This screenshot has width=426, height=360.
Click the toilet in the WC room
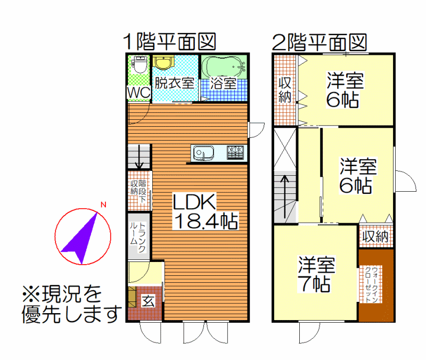tap(140, 64)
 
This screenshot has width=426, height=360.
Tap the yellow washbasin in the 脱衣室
tap(163, 62)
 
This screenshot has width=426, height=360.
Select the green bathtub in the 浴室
tap(224, 67)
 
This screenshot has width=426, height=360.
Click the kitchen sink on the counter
tap(203, 153)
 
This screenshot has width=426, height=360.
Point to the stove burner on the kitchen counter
tap(235, 153)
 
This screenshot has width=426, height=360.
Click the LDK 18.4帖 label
tap(205, 211)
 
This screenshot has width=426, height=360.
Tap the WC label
tap(139, 92)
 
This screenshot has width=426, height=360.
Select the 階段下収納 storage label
tap(138, 191)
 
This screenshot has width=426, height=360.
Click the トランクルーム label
tap(138, 237)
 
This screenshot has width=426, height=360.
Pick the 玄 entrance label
tap(149, 301)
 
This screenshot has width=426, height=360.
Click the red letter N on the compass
tap(103, 204)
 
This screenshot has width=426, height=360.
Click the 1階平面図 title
tap(170, 42)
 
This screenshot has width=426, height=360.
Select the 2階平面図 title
tap(319, 42)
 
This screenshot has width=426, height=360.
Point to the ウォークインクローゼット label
tap(371, 284)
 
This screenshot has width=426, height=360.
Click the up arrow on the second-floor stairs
tap(284, 197)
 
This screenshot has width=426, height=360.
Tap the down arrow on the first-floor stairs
tap(139, 157)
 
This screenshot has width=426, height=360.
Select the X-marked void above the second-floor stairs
tap(285, 149)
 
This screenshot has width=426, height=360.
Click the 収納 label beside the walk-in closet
tap(375, 236)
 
